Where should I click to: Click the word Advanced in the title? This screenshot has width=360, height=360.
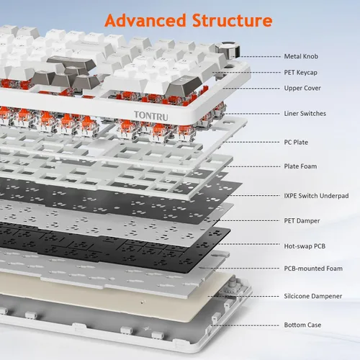click(x=145, y=20)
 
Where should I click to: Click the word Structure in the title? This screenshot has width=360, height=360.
click(x=233, y=20)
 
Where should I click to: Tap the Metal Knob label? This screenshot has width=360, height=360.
click(x=301, y=56)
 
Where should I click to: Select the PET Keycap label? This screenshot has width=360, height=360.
click(x=300, y=73)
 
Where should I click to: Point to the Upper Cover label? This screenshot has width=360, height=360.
click(x=302, y=89)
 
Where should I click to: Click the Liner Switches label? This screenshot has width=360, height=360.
click(x=305, y=114)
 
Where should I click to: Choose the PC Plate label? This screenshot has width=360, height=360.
click(x=296, y=143)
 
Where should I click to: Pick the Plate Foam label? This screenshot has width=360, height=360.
click(x=300, y=166)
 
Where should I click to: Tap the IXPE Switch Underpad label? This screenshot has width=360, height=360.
click(x=316, y=196)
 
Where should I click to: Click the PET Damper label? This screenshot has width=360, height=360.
click(x=302, y=221)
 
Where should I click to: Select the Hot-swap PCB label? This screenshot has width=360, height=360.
click(x=305, y=246)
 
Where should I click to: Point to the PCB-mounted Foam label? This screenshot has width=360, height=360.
click(x=313, y=269)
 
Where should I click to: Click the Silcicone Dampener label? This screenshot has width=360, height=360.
click(x=313, y=296)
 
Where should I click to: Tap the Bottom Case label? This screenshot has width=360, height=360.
click(x=302, y=325)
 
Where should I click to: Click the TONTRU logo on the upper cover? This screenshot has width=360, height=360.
click(x=151, y=116)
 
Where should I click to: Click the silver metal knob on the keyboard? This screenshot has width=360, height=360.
click(x=228, y=50)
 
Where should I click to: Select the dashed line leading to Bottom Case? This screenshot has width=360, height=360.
click(x=245, y=325)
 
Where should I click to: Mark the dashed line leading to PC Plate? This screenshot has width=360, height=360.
click(x=251, y=142)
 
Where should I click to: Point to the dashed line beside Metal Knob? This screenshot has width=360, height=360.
click(x=260, y=57)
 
